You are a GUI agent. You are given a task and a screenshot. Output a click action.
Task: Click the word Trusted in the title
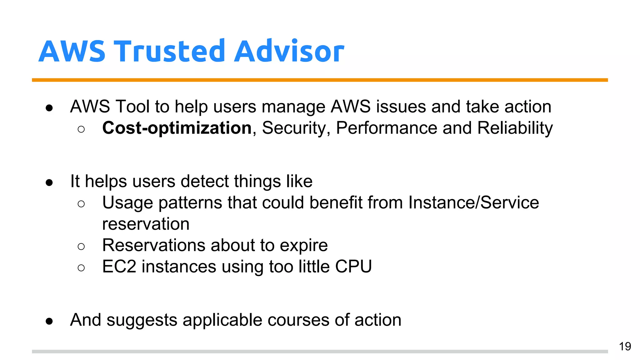170,51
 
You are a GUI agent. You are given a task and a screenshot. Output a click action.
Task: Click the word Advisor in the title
289,51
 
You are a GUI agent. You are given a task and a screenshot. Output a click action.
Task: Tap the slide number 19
625,347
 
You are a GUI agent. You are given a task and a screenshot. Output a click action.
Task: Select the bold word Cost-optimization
177,128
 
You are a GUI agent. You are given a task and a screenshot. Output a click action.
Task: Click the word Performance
386,128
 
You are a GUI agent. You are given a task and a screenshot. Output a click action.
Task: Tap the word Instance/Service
473,202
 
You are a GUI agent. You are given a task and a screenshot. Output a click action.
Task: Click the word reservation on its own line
146,224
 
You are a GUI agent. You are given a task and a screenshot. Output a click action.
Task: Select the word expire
303,245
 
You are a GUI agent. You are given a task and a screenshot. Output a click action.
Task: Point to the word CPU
353,267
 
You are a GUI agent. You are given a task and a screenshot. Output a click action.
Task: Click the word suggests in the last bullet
142,320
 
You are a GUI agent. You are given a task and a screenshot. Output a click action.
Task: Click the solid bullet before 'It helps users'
49,182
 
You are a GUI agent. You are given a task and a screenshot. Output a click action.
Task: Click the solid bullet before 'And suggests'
49,321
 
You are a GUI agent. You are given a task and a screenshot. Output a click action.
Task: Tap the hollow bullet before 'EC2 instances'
81,268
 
